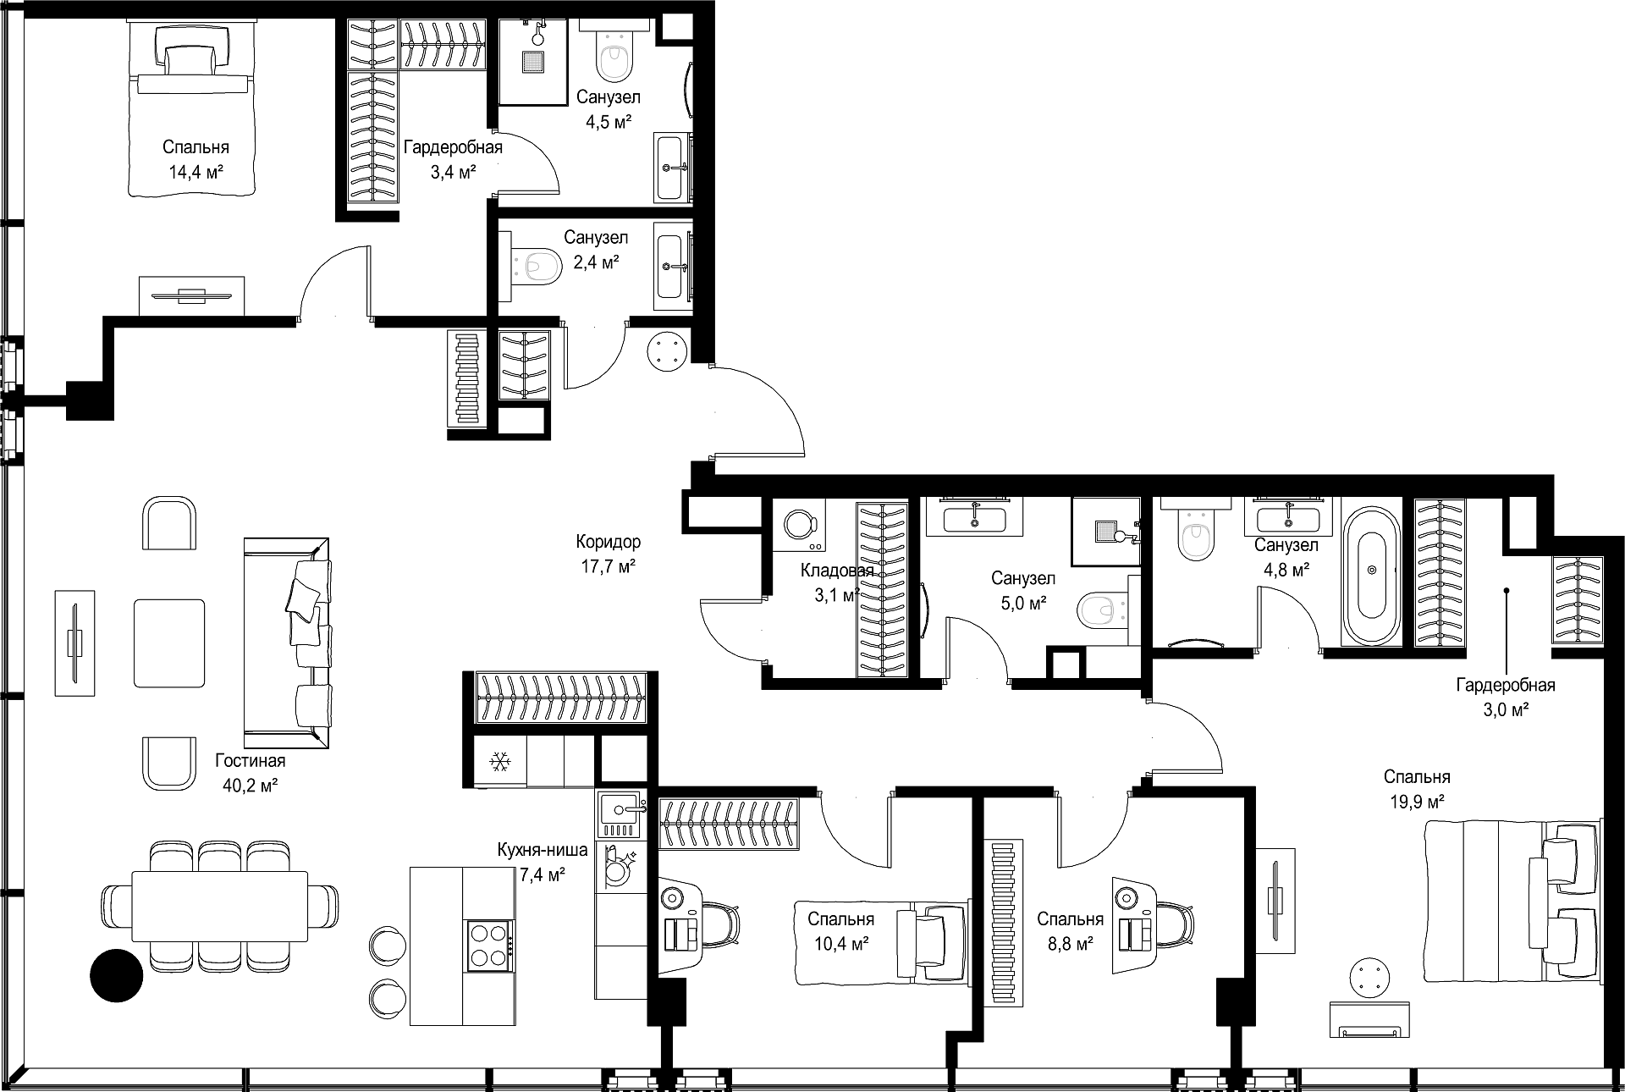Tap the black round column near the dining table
(x=117, y=977)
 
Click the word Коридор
(x=609, y=542)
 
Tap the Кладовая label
(x=837, y=571)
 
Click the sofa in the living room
(x=287, y=643)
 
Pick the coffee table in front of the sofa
(x=169, y=643)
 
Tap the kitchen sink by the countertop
(x=621, y=814)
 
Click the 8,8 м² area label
(x=1070, y=942)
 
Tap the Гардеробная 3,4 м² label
(x=453, y=159)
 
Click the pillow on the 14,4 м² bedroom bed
(x=191, y=59)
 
